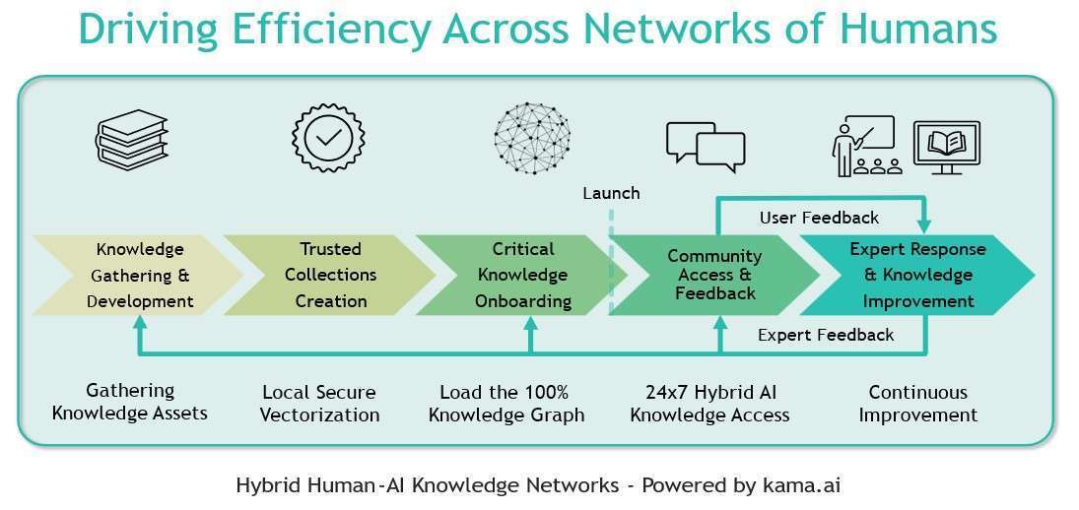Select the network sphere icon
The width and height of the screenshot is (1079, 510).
[x=531, y=138]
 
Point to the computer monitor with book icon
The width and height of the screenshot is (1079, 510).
[x=947, y=147]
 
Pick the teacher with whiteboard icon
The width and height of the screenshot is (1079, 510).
[x=863, y=145]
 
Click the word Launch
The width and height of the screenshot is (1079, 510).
[x=611, y=193]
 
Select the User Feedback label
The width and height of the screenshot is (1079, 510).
[x=819, y=218]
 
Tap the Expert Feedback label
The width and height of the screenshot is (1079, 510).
[x=826, y=335]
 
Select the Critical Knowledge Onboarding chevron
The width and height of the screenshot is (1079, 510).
[x=521, y=275]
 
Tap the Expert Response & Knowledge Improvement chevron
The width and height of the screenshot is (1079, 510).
[x=911, y=275]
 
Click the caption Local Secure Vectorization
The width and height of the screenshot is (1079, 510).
[x=319, y=404]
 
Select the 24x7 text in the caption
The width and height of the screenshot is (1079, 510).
[x=652, y=392]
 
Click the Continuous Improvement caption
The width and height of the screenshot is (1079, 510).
[x=917, y=404]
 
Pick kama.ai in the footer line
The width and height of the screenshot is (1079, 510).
[x=800, y=485]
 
